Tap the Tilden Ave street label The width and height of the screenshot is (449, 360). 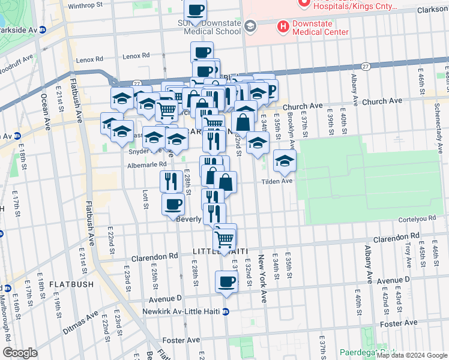(x=276, y=181)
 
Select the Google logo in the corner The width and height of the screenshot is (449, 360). (x=20, y=352)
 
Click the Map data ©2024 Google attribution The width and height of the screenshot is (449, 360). (x=412, y=355)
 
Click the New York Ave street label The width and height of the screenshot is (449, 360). (x=262, y=278)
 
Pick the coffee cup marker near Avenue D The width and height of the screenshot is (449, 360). (x=226, y=281)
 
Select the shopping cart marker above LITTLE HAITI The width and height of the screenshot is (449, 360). (x=224, y=237)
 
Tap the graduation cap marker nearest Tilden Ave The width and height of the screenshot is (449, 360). (x=285, y=160)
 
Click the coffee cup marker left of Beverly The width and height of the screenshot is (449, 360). (x=173, y=204)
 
